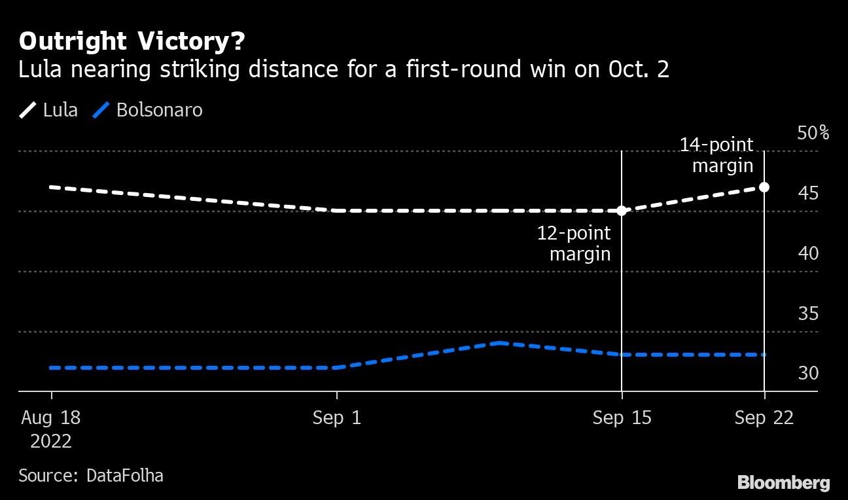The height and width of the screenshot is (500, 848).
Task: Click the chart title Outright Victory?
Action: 132,42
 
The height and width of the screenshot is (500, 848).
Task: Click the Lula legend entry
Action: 48,110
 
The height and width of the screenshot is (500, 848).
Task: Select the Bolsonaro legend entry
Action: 149,110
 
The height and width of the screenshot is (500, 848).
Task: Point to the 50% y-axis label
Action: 813,134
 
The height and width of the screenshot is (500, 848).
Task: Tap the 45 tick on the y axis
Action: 808,193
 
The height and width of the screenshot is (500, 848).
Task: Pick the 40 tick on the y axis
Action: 808,253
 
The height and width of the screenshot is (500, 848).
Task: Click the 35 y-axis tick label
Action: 808,313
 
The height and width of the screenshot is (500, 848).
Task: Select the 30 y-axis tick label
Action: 808,373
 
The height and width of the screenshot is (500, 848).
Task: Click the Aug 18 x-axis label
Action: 51,418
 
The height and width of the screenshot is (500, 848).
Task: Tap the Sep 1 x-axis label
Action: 336,418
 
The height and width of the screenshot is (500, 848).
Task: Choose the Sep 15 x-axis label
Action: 622,418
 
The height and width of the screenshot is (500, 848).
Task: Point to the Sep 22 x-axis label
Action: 764,418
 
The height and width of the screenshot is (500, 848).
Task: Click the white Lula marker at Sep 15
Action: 622,211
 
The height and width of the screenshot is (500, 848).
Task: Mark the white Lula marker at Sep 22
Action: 764,187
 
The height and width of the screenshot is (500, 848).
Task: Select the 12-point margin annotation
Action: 574,243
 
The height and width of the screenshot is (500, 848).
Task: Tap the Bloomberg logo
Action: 783,483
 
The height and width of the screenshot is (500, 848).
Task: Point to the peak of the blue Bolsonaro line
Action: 499,343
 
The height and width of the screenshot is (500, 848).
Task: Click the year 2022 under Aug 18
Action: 51,441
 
